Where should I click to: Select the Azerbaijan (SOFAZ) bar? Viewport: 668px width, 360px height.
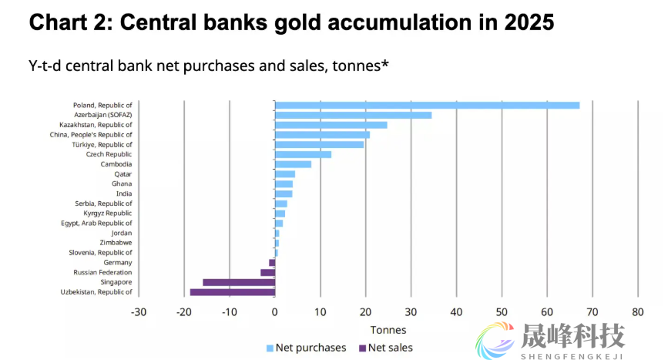(x=353, y=115)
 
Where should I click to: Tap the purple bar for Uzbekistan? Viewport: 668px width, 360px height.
(x=232, y=292)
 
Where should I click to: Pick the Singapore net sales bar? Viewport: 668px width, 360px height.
(x=238, y=282)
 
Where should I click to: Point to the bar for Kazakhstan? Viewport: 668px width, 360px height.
(x=331, y=124)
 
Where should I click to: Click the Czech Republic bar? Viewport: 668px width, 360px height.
(x=303, y=154)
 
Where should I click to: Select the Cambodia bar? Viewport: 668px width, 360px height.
(x=293, y=164)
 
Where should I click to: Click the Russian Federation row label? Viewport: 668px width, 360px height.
(x=102, y=272)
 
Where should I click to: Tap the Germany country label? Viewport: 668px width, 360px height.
(x=117, y=262)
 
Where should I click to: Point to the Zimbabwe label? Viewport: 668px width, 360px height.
(x=116, y=242)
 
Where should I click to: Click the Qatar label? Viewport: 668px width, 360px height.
(x=123, y=174)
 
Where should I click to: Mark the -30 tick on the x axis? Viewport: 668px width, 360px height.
(x=139, y=312)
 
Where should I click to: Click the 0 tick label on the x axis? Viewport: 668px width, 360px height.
(x=275, y=312)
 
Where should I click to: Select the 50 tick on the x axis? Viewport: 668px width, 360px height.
(x=502, y=312)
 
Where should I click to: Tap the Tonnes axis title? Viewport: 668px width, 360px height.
(x=388, y=330)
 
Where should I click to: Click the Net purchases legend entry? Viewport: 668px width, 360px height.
(x=305, y=348)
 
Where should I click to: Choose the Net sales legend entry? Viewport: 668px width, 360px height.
(x=388, y=348)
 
